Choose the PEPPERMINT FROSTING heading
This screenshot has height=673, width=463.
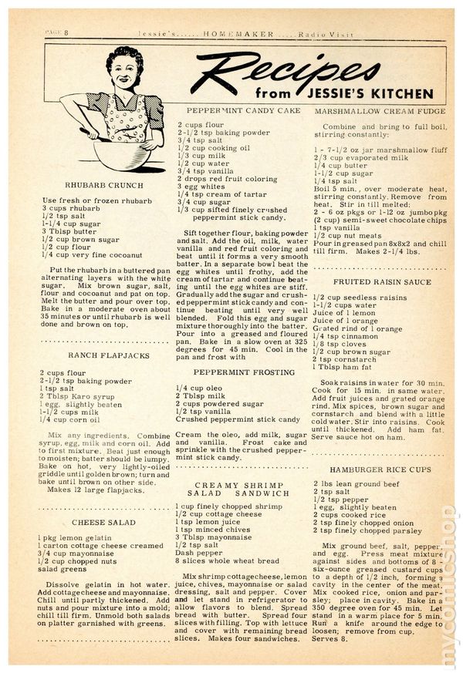[x=235, y=372]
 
